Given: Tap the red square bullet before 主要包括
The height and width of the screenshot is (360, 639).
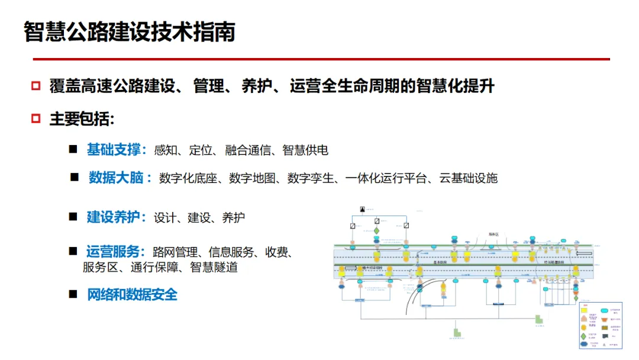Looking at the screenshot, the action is (x=35, y=118).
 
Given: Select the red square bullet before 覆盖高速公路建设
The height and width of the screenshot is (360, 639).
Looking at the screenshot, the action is (x=35, y=86).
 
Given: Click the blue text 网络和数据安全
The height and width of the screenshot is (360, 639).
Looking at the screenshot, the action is (x=132, y=294).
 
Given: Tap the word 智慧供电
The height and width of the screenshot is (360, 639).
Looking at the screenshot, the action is (x=305, y=150).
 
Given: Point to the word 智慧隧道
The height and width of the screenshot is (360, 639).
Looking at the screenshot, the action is (x=214, y=267).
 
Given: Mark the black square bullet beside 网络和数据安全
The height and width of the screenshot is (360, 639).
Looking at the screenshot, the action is (x=73, y=294).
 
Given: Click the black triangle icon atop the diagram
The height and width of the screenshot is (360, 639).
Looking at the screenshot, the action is (x=363, y=210).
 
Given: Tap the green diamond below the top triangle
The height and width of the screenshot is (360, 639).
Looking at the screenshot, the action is (x=376, y=230).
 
